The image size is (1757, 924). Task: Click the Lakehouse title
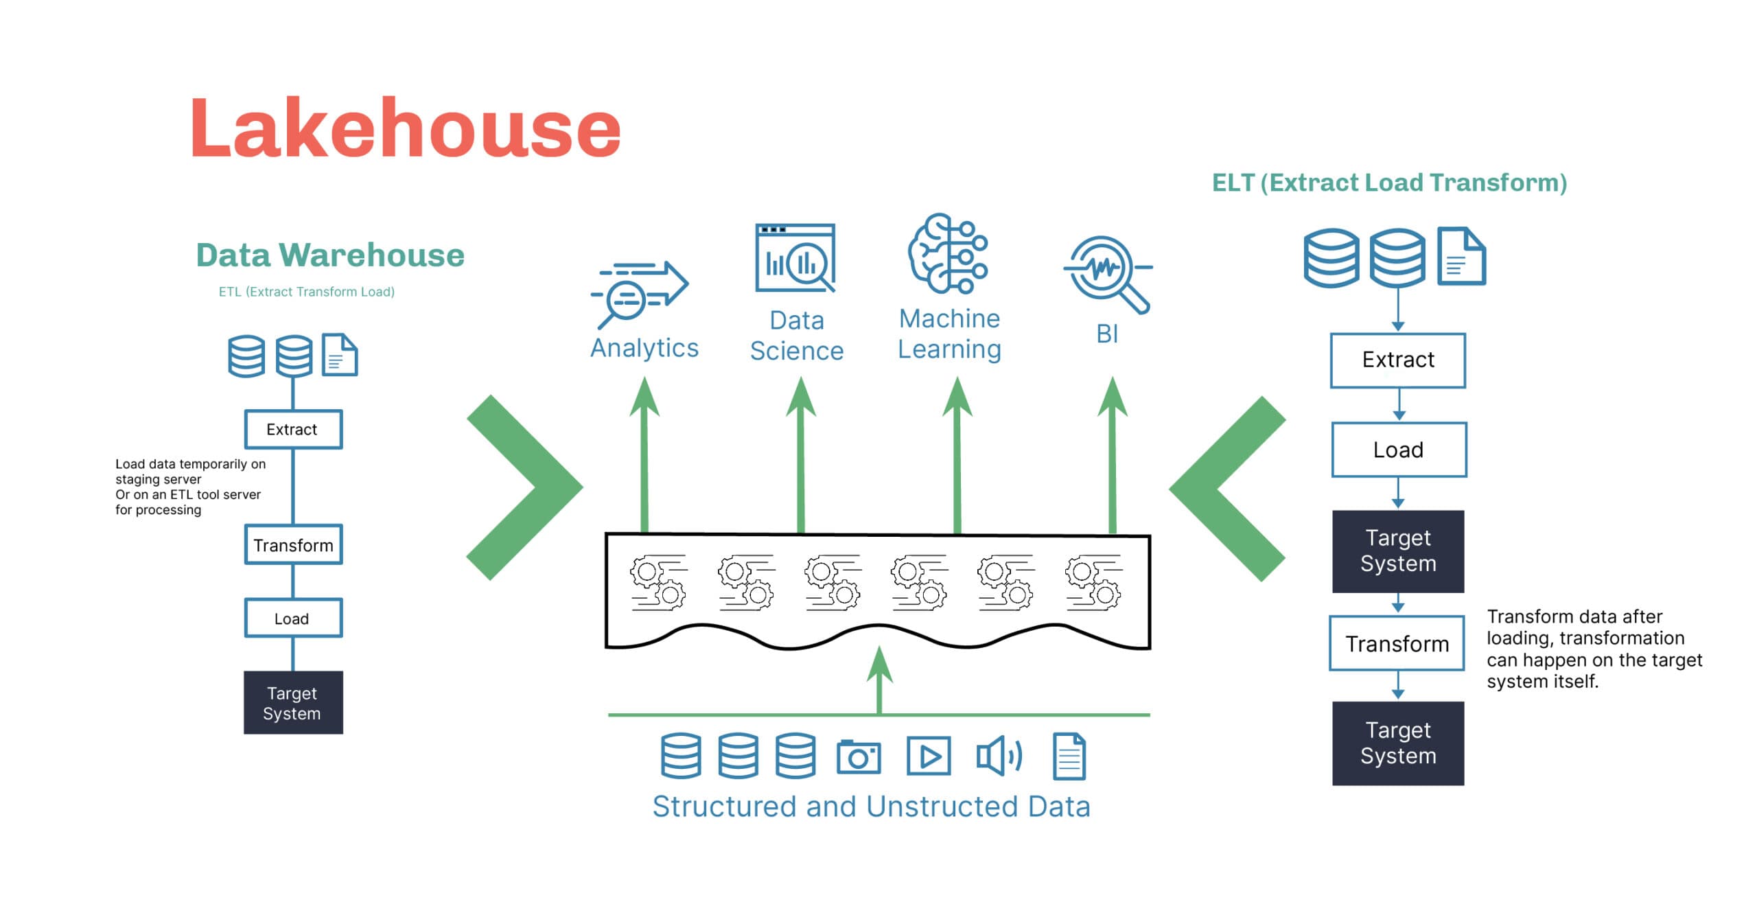point(405,128)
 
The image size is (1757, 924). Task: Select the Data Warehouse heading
point(330,255)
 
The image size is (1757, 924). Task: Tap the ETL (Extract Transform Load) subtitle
point(306,292)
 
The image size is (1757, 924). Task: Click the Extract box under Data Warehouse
point(293,430)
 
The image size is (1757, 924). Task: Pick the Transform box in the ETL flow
point(293,545)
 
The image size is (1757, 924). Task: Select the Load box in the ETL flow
point(293,619)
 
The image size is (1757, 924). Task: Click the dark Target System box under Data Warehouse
point(293,703)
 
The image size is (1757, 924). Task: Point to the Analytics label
point(644,348)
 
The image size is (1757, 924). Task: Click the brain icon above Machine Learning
point(948,253)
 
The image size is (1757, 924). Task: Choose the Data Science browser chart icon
point(795,257)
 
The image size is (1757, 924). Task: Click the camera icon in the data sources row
point(859,757)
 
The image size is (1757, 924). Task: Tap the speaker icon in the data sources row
point(999,756)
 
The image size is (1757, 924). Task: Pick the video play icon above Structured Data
point(929,756)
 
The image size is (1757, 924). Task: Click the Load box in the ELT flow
point(1399,450)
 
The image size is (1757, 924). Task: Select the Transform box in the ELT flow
point(1397,644)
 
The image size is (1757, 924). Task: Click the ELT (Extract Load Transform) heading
point(1389,183)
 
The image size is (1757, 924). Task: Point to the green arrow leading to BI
point(1113,460)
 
